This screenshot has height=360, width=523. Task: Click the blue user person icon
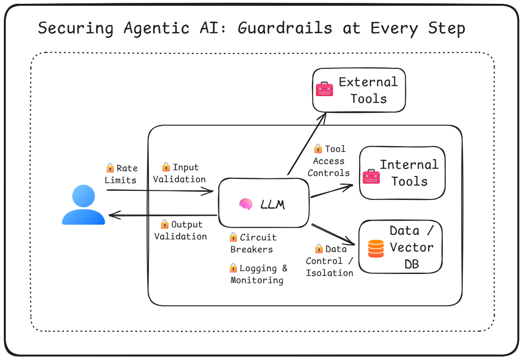(83, 206)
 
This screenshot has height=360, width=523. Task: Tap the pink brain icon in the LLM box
(246, 204)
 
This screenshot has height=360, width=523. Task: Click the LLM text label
(273, 205)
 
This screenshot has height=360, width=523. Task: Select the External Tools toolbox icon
(324, 89)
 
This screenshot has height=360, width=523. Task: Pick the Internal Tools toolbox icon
(371, 176)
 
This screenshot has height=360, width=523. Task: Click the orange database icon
(376, 248)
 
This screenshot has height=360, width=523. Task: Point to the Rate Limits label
(121, 174)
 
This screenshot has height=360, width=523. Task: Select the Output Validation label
(181, 230)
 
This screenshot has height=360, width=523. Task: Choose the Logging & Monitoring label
(258, 274)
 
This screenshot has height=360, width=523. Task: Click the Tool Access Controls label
(329, 161)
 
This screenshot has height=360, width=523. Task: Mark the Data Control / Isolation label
(330, 261)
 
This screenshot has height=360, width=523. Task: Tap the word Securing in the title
(75, 28)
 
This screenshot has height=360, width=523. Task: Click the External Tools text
(368, 90)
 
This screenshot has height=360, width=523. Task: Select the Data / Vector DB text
(411, 247)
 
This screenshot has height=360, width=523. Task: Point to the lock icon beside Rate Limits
(110, 168)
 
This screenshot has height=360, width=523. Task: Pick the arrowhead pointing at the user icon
(112, 216)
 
